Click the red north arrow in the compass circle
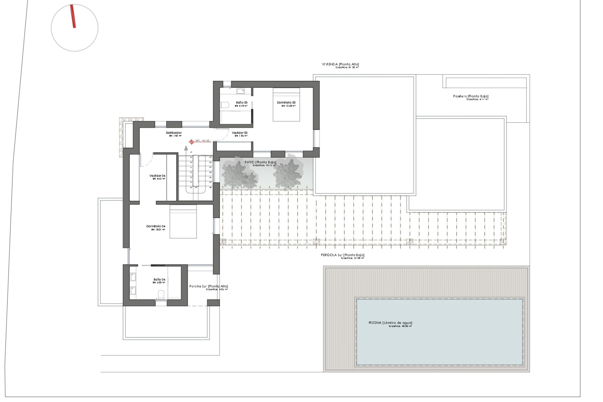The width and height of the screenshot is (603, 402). [73, 16]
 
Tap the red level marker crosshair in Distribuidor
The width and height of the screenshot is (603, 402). [191, 142]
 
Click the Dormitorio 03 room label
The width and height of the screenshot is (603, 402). [286, 103]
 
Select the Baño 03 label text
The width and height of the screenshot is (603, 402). [242, 103]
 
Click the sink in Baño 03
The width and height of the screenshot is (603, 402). [241, 91]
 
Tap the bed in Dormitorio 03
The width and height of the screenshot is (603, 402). [286, 105]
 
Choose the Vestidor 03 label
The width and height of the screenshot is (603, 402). [240, 133]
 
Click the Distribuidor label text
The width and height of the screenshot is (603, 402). [174, 133]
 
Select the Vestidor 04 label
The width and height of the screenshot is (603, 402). [157, 176]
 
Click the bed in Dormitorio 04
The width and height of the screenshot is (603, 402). [183, 221]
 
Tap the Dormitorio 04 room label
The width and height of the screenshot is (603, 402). [156, 226]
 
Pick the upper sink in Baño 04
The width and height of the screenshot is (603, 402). [133, 277]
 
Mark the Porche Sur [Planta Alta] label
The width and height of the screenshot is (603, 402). [209, 286]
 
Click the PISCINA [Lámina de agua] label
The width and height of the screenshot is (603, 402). [390, 323]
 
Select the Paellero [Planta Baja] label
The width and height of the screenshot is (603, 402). [470, 96]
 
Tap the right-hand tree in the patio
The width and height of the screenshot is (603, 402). [288, 173]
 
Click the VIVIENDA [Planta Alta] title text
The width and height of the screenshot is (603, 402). [340, 64]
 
